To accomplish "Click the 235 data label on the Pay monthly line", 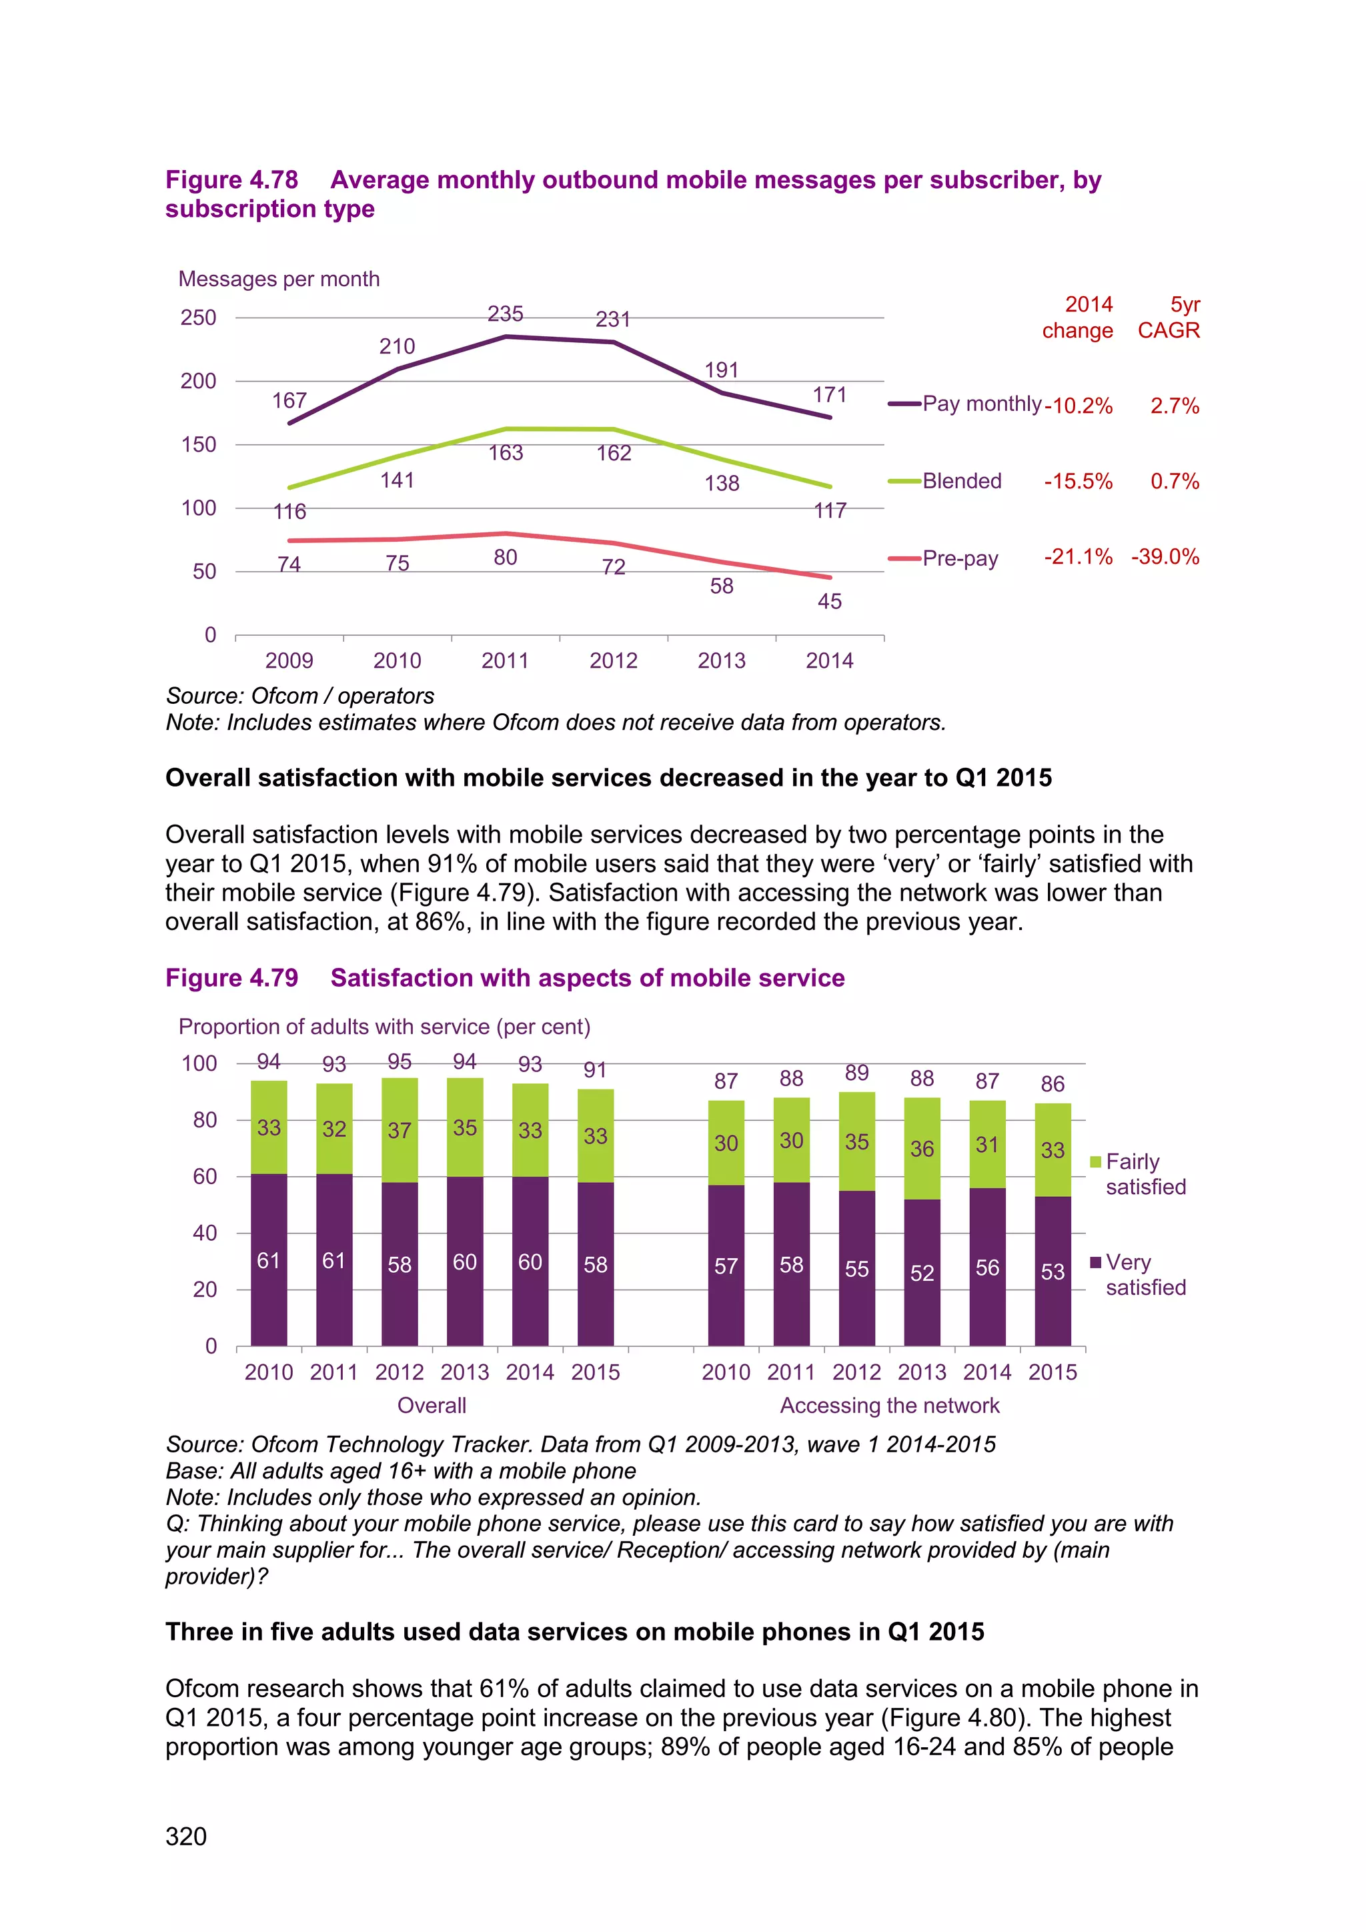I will (x=506, y=314).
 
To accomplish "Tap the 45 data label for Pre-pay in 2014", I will (x=829, y=602).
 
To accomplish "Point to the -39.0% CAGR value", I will (x=1165, y=557).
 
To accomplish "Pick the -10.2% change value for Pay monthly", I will (x=1079, y=406).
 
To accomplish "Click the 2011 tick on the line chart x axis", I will (x=506, y=660).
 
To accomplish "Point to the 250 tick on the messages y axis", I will (x=199, y=318).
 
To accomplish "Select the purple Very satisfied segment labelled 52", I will (x=922, y=1272).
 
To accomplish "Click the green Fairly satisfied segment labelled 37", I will (x=400, y=1130).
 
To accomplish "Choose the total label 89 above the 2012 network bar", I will (x=856, y=1073).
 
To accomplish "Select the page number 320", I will (x=186, y=1836).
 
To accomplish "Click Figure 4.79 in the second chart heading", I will (x=232, y=978).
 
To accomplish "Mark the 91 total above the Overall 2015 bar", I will (x=595, y=1070).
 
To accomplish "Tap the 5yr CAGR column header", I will (x=1169, y=318).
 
